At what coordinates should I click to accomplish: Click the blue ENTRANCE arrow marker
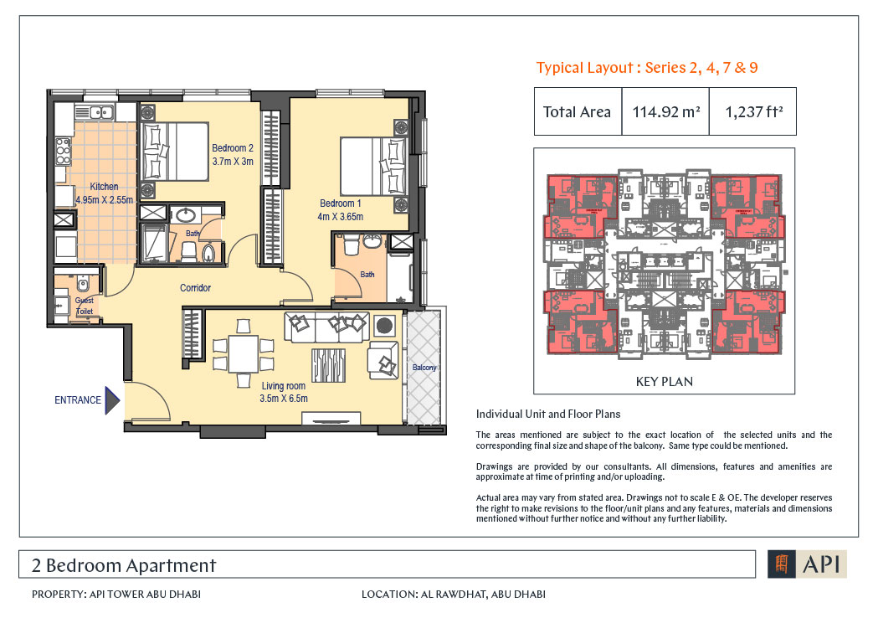point(112,400)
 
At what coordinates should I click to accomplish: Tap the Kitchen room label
point(104,187)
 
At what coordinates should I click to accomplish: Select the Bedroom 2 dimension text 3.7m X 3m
point(233,162)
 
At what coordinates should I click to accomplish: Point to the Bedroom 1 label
point(340,203)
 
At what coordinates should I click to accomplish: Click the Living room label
point(284,386)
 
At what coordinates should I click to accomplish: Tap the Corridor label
point(195,288)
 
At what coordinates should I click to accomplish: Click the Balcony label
point(424,368)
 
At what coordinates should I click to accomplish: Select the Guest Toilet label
point(85,306)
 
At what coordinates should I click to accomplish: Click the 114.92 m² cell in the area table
point(666,112)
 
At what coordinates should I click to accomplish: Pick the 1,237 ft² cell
point(753,112)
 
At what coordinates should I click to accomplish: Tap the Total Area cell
point(578,112)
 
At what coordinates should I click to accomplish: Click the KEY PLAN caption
point(665,382)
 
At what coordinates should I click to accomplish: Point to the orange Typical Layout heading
point(647,68)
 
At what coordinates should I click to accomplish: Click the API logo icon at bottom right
point(782,564)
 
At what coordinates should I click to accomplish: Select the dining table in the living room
point(244,353)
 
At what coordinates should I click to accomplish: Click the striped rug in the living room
point(328,366)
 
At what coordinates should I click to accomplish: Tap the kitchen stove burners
point(63,152)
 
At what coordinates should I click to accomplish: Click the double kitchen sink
point(95,112)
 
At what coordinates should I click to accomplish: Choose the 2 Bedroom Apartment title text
point(124,565)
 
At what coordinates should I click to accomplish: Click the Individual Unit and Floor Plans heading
point(548,414)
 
